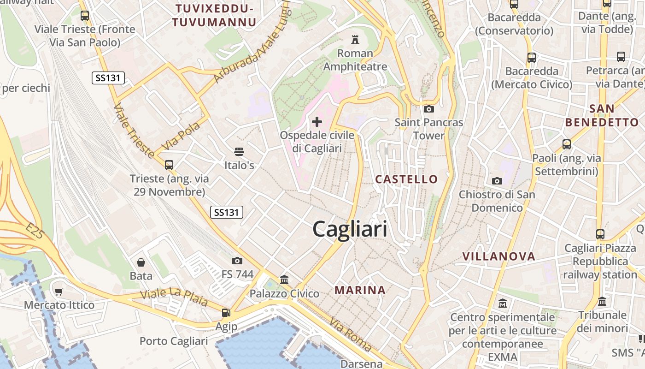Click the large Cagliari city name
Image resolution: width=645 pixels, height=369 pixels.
[350, 229]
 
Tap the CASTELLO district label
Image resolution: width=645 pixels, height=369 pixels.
[406, 179]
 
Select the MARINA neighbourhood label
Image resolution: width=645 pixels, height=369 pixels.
[360, 290]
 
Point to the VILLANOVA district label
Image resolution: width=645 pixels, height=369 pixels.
[498, 256]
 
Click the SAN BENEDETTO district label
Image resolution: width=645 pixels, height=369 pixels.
[602, 116]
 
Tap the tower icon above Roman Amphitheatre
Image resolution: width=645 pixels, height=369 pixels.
[355, 39]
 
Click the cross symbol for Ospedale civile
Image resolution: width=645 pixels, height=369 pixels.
[317, 122]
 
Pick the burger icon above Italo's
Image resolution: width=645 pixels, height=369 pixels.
[239, 151]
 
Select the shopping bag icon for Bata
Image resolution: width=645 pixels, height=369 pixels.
[141, 262]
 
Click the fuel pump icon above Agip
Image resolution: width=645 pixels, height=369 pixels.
[226, 313]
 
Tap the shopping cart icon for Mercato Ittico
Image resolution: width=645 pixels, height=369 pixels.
[59, 292]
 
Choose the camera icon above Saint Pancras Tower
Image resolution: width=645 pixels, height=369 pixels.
[428, 109]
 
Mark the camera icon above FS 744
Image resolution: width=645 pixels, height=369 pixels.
[237, 261]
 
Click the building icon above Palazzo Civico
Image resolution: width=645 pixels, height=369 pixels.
[284, 280]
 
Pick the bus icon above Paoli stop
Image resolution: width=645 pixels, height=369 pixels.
[566, 144]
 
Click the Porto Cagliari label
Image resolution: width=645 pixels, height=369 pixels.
[174, 341]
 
